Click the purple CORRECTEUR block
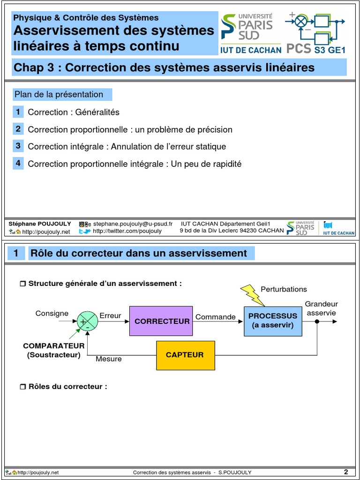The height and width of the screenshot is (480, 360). pos(161,321)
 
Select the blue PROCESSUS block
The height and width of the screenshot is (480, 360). pos(273,321)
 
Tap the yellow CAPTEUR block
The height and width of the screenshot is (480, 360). pos(185,355)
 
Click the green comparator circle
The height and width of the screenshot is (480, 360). pos(87,322)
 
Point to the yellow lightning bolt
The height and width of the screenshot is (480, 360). pos(252,294)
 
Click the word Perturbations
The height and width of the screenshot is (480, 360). pos(284,289)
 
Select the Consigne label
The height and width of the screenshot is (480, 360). pos(52,314)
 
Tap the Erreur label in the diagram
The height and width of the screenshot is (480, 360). pos(111,316)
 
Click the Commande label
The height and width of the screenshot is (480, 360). pos(216,317)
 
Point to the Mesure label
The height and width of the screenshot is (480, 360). pos(109,359)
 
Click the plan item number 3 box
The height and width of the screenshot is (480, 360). pos(18,146)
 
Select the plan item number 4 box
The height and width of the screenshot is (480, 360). pos(18,163)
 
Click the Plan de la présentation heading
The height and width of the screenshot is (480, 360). pos(59,94)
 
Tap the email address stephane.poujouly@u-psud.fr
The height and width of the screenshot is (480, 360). pos(133,224)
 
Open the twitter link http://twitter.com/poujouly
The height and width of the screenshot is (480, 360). pos(127,231)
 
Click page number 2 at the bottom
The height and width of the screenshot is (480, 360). pos(346,472)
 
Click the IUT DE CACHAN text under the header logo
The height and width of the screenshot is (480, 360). pos(251,50)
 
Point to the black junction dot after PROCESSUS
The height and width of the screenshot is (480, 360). pos(317,322)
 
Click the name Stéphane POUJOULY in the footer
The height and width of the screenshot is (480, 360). pos(40,224)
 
